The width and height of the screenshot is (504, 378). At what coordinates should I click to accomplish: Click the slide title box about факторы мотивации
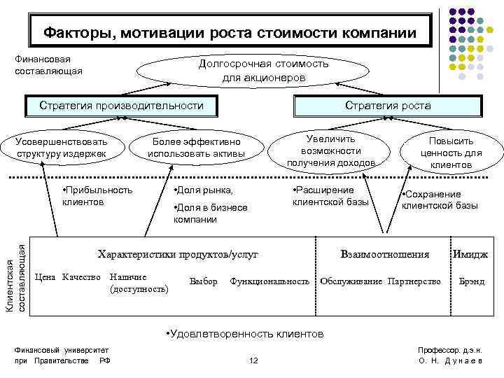coord(229,32)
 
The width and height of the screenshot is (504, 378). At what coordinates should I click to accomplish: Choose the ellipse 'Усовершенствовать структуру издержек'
coord(62,147)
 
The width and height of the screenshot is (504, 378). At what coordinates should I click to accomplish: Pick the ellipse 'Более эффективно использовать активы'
coord(196,147)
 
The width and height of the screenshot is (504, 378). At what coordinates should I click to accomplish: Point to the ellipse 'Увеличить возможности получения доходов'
coord(331,150)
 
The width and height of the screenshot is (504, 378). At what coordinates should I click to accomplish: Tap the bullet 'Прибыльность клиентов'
coord(97,196)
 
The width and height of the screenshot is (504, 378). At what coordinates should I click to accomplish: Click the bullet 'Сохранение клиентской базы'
coord(439,200)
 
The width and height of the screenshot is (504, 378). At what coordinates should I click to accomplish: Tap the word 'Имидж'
coord(470,255)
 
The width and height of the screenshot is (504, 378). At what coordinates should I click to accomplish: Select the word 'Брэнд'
coord(471,281)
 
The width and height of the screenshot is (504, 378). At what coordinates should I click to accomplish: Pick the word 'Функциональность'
coord(269,281)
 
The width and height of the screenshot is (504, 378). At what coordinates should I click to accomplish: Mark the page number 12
coord(253,360)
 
